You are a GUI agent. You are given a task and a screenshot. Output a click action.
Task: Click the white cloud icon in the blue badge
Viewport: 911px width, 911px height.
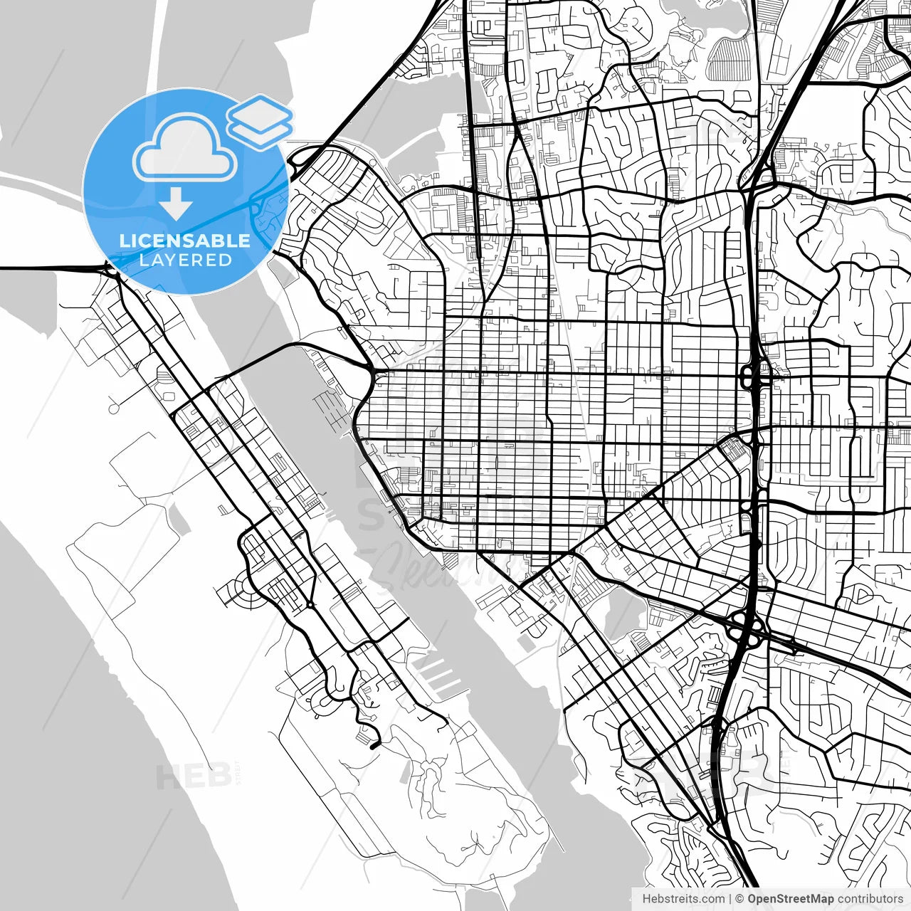click(185, 151)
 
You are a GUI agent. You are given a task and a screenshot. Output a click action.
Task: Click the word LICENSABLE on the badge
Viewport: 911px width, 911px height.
click(185, 241)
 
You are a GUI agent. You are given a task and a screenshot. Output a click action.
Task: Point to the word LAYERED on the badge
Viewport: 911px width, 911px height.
click(185, 260)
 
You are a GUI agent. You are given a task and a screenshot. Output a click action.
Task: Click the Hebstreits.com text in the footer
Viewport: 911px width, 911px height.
click(683, 899)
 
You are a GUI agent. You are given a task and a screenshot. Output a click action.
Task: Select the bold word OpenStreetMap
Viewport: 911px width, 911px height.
click(791, 899)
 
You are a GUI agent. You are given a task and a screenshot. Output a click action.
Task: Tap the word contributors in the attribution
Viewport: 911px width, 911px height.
click(870, 899)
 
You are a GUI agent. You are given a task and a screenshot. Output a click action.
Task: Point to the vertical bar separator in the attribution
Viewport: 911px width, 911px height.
click(730, 899)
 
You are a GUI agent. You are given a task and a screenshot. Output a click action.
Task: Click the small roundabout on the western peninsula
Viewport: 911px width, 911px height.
click(310, 604)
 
